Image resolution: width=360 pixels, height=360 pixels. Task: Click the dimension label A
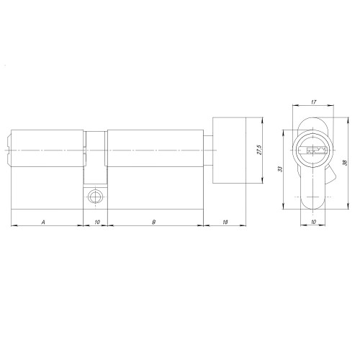43,222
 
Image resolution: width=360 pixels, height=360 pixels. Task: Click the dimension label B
154,222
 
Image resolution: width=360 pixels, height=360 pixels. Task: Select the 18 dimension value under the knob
225,222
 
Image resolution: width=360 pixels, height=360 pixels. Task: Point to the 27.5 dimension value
259,150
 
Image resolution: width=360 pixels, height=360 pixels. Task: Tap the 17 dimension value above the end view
313,102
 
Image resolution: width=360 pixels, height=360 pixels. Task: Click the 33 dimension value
280,169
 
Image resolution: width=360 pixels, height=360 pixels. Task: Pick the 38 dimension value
346,163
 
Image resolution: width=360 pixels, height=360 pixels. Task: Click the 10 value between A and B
97,222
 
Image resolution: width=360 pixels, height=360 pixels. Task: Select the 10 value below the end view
313,222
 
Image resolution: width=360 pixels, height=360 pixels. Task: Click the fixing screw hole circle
95,197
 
